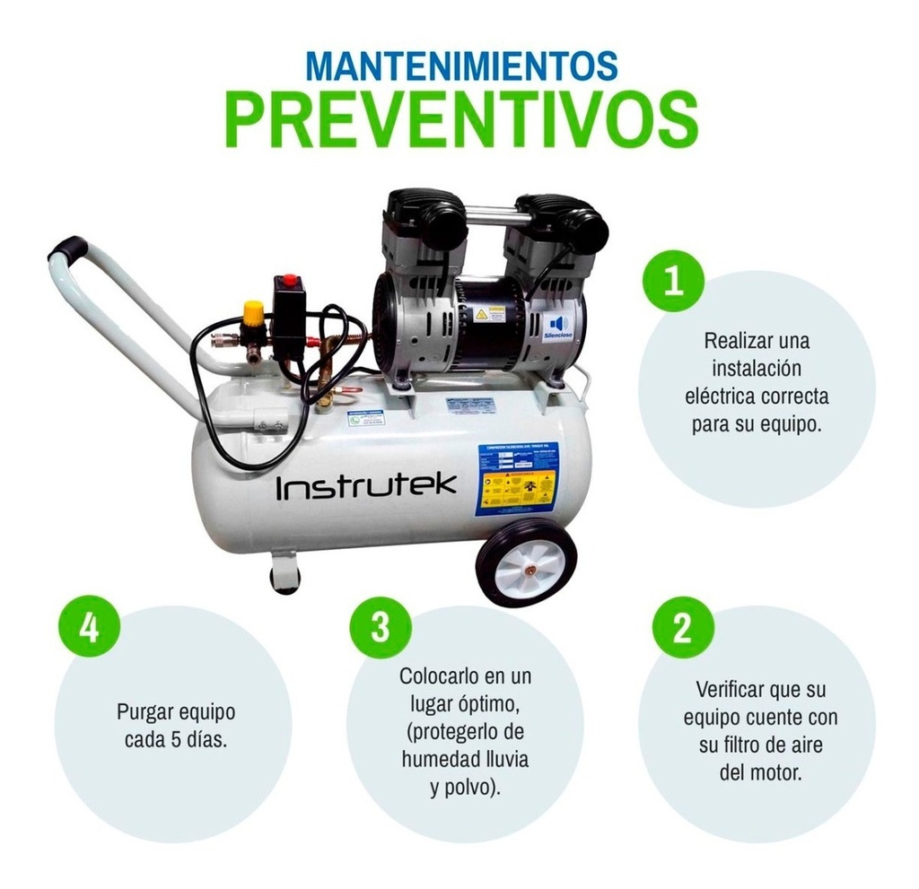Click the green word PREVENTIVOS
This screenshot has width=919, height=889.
pyautogui.click(x=460, y=121)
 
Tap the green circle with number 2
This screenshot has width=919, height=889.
pyautogui.click(x=682, y=627)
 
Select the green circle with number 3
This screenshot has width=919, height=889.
pyautogui.click(x=381, y=627)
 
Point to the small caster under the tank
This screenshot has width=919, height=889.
pyautogui.click(x=284, y=574)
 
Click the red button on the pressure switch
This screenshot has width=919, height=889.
pyautogui.click(x=291, y=281)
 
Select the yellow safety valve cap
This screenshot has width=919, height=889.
pyautogui.click(x=254, y=313)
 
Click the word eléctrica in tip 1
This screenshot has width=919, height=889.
pyautogui.click(x=717, y=396)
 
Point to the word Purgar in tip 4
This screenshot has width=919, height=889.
pyautogui.click(x=146, y=712)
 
